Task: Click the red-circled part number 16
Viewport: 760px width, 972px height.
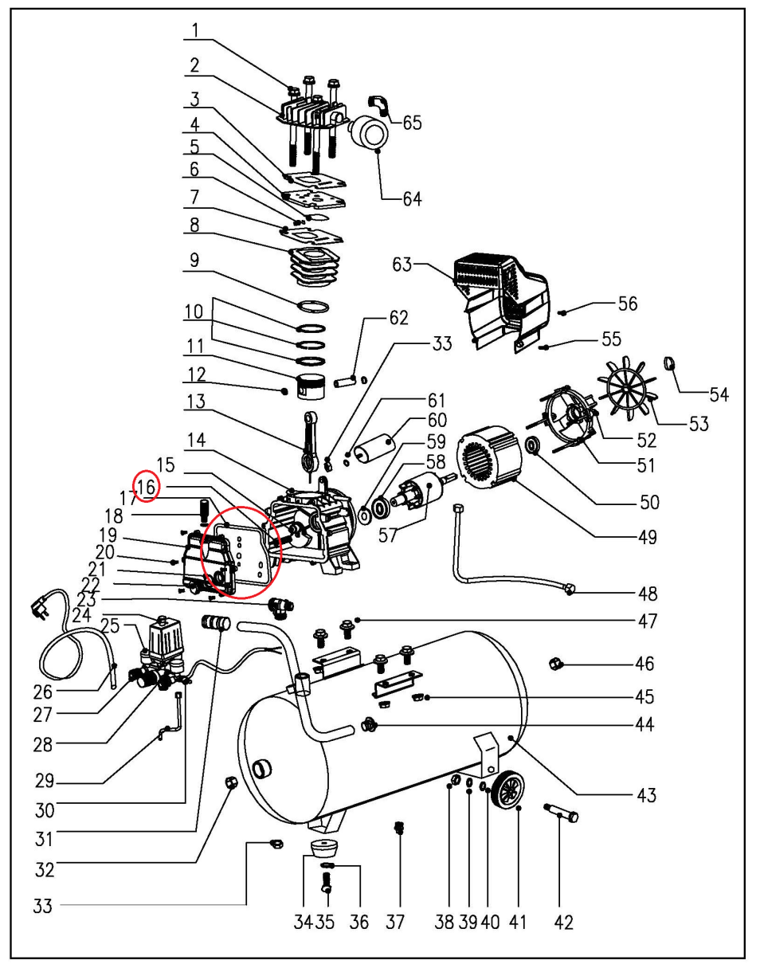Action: point(147,486)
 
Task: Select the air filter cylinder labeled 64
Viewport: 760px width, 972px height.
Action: point(367,130)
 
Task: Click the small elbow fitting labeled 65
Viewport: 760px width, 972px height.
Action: point(378,105)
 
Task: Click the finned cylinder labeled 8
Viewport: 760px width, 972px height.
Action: point(310,265)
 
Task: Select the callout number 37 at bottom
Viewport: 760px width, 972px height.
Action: point(396,922)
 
